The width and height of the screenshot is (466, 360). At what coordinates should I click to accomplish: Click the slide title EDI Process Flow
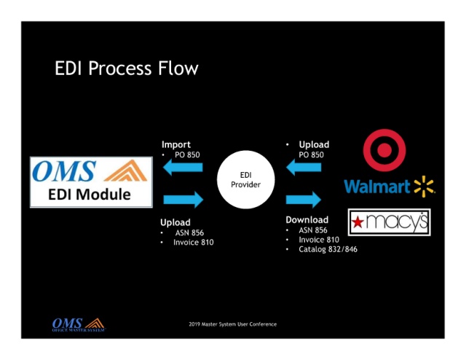pos(126,69)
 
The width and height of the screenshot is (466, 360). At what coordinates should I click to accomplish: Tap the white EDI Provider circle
pos(245,180)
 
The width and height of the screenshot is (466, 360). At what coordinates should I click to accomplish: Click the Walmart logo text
pos(377,187)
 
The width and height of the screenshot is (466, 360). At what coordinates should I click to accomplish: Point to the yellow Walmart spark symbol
pos(424,187)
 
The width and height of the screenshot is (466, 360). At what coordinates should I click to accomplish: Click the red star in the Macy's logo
pos(358,222)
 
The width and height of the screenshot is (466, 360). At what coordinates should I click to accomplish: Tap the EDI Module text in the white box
pos(91,195)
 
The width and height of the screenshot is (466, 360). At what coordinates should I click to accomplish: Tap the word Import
pos(175,144)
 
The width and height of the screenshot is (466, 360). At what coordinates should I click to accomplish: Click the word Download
pos(307,219)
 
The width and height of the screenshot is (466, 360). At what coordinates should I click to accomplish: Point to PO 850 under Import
pos(186,154)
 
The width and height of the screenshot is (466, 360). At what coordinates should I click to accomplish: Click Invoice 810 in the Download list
pos(319,239)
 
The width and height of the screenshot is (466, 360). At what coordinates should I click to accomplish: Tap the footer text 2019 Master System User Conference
pos(232,324)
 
